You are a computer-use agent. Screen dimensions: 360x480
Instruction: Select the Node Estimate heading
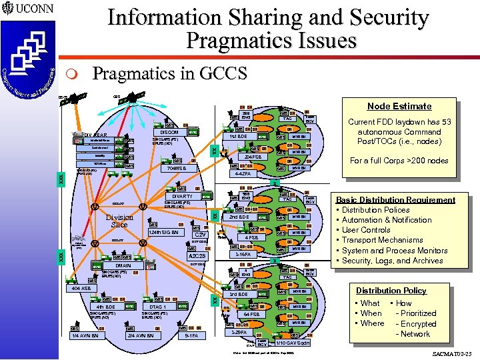pos(390,106)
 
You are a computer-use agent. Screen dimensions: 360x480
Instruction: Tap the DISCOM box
pos(170,132)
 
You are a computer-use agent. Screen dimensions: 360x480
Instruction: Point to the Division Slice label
pos(119,221)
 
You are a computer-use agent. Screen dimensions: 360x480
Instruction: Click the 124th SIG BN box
pos(163,233)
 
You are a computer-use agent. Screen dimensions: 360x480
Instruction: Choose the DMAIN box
pos(122,265)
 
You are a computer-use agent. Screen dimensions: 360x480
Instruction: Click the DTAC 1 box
pos(158,306)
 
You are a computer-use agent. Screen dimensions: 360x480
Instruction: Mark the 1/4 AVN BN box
pos(85,336)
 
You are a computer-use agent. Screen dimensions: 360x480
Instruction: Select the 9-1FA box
pos(190,336)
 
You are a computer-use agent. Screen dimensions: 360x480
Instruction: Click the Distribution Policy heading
pos(391,291)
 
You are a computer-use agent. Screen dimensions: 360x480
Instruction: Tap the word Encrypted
pos(419,323)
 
